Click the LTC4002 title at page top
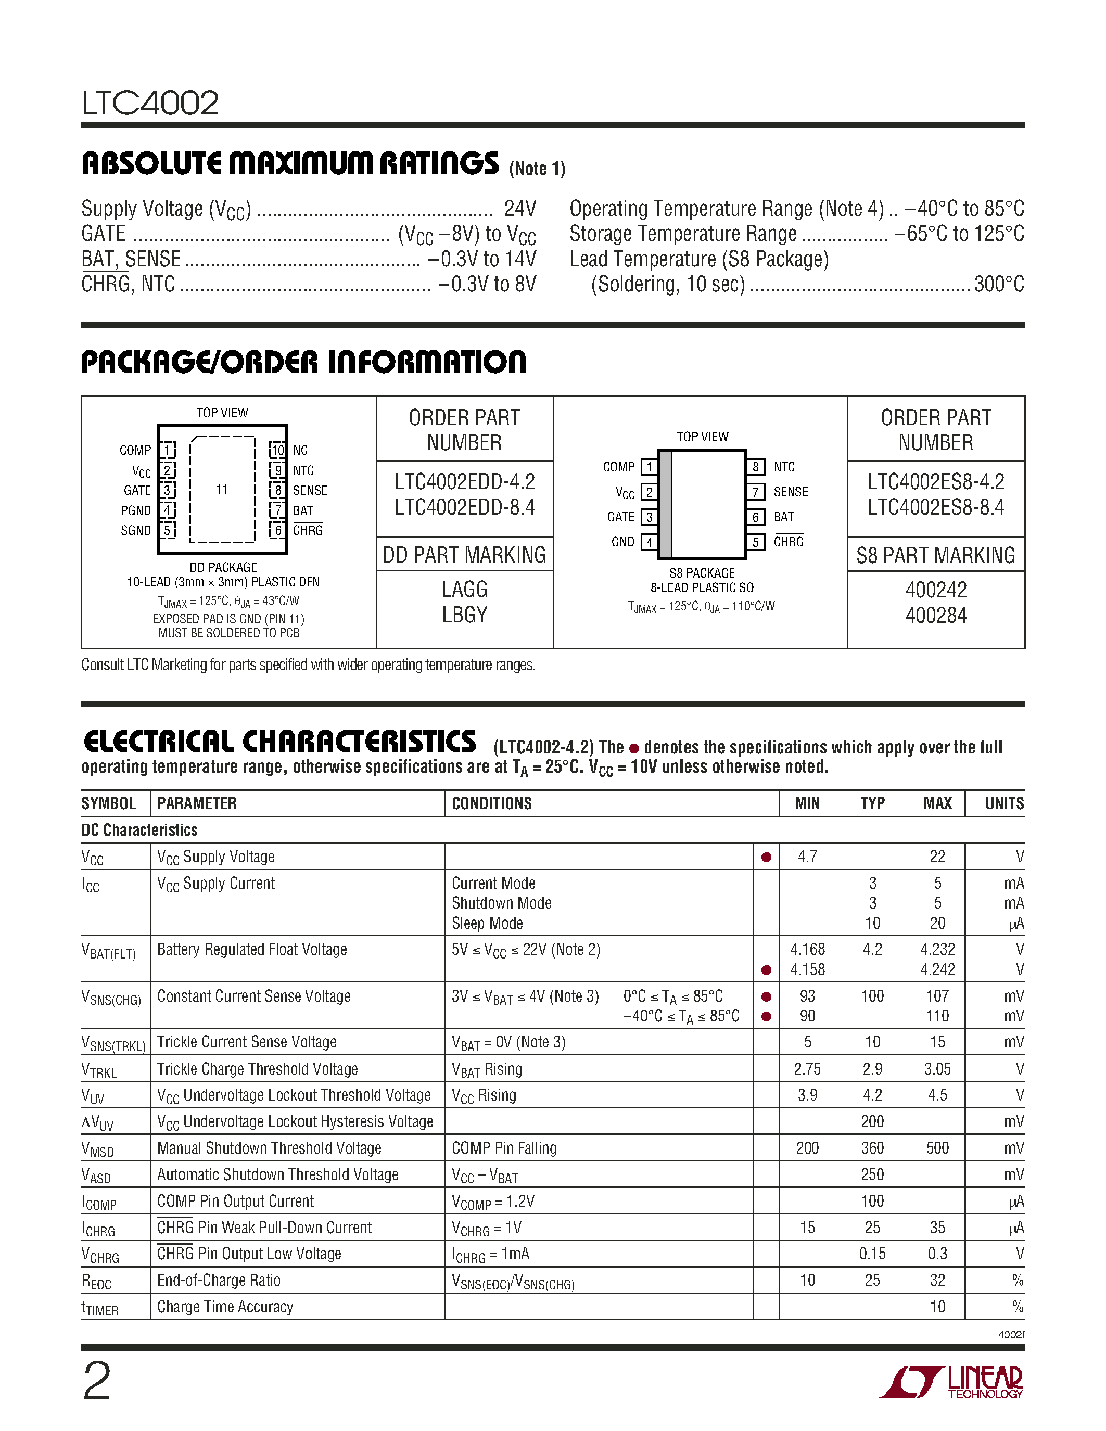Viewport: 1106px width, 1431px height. point(150,103)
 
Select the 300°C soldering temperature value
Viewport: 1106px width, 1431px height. point(999,284)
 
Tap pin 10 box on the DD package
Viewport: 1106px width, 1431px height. point(278,450)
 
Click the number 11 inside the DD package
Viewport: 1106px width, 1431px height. point(222,490)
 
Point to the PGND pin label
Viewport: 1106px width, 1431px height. point(136,510)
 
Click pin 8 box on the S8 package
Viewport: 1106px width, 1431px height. point(755,467)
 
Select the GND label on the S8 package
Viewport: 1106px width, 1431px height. point(622,542)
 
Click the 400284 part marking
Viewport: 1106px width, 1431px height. point(936,615)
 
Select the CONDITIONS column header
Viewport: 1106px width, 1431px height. point(491,803)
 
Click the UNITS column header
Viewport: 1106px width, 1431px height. point(1004,803)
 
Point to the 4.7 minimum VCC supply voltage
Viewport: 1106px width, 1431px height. point(807,857)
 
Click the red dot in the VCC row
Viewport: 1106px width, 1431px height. point(766,857)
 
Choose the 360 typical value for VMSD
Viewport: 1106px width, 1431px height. point(872,1148)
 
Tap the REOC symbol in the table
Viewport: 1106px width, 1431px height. point(96,1281)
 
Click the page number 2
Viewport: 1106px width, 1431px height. point(97,1381)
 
